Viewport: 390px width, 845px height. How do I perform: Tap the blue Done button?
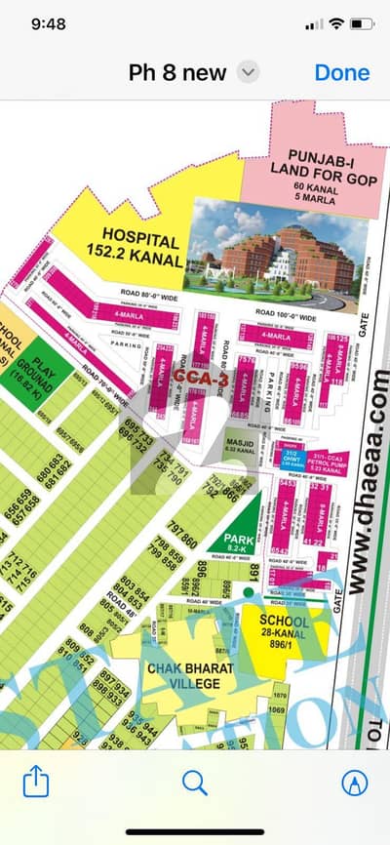[341, 72]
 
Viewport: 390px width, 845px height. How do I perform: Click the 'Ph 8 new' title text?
[177, 72]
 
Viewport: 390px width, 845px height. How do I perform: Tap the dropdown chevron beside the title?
[250, 72]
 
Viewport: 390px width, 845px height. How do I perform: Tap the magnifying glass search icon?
[195, 782]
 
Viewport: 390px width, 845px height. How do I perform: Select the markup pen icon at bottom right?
[354, 782]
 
